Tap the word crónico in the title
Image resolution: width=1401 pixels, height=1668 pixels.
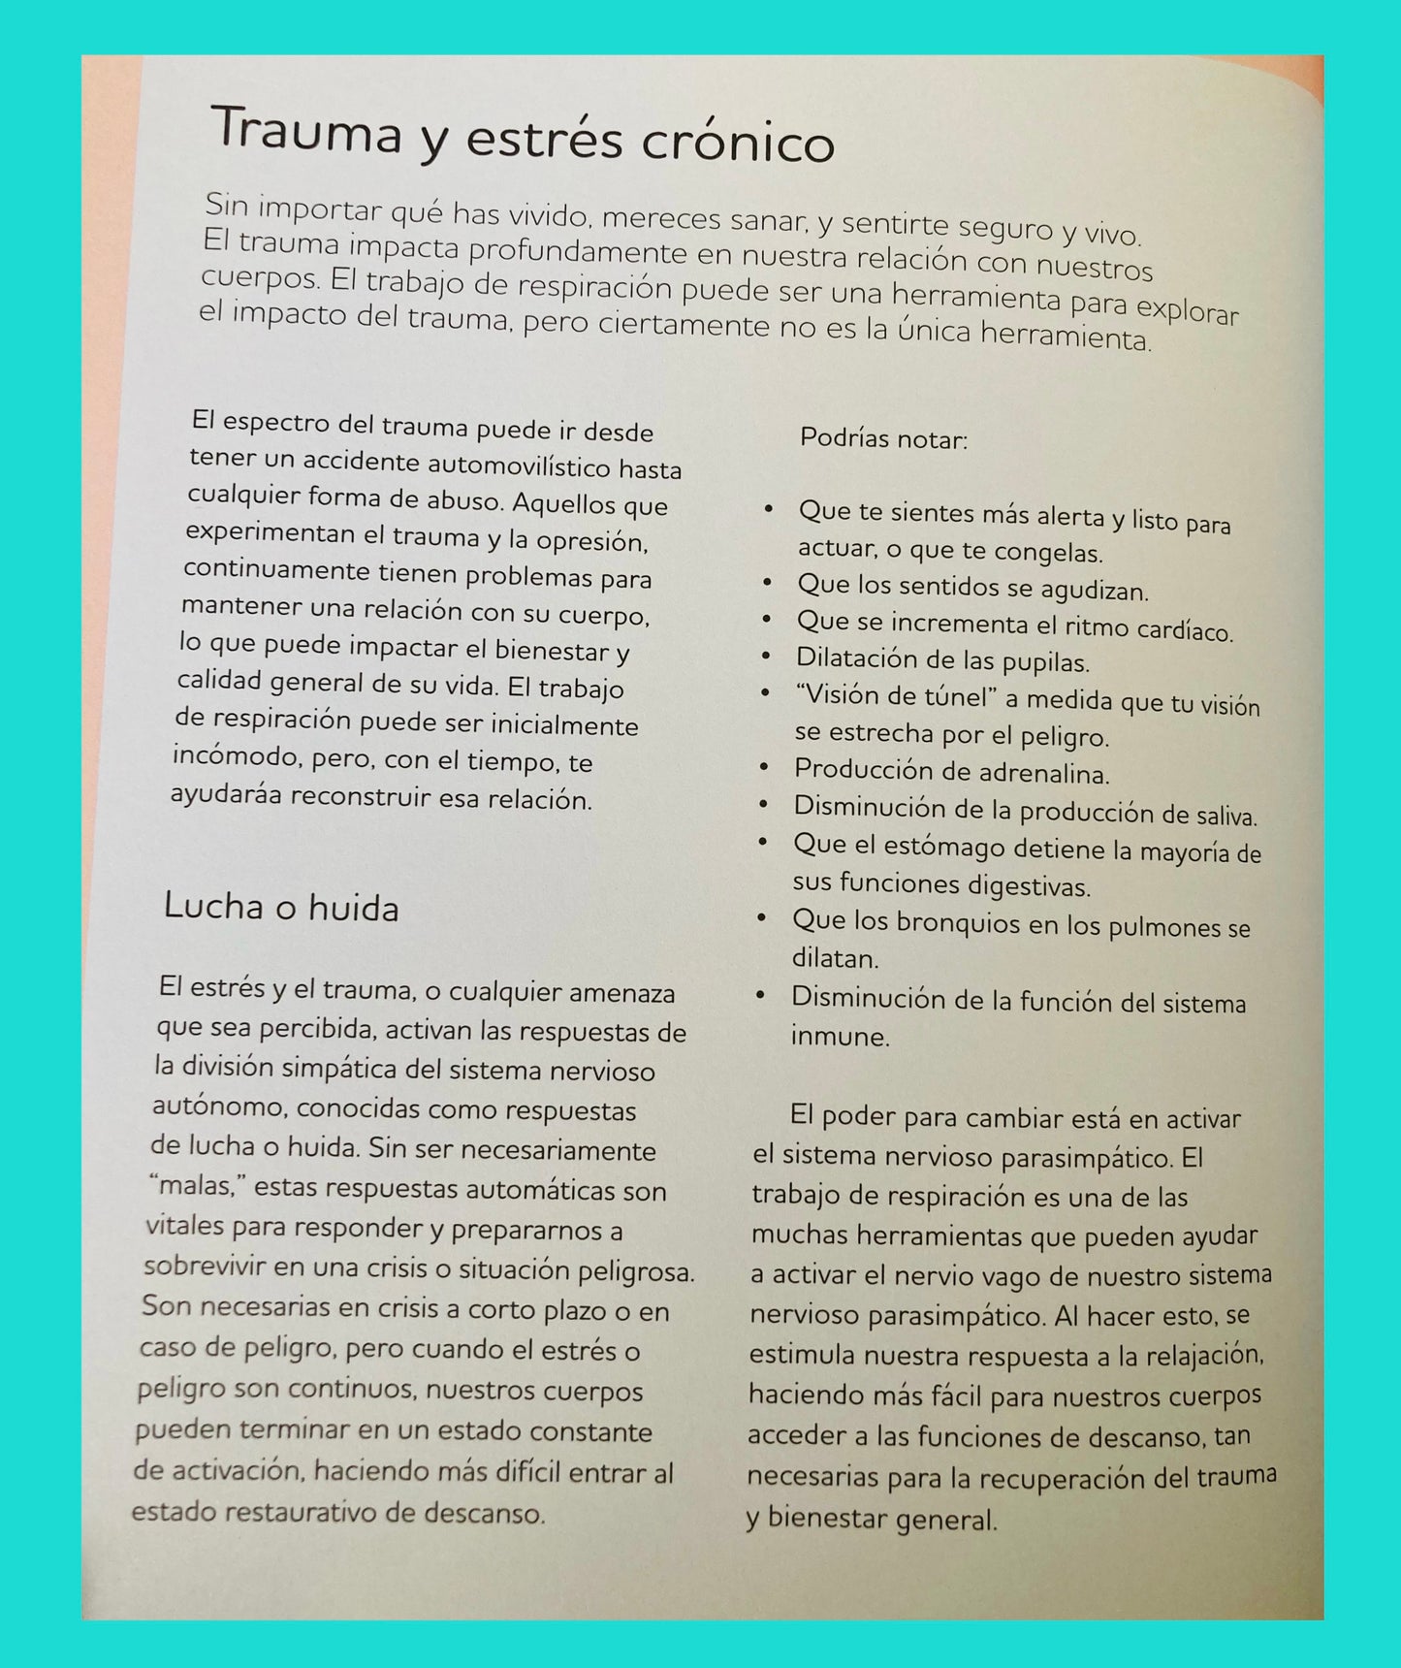tap(738, 143)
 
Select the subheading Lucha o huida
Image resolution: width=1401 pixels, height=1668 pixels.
tap(281, 907)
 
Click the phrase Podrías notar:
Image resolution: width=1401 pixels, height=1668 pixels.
tap(883, 439)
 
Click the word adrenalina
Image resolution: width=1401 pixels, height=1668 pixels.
tap(1043, 774)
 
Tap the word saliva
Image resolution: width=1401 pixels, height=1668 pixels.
tap(1225, 817)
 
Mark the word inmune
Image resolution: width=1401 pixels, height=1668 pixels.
tap(840, 1037)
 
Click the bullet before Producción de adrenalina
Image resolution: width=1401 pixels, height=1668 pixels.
tap(765, 768)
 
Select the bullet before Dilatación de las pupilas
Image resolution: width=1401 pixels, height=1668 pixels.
tap(767, 657)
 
